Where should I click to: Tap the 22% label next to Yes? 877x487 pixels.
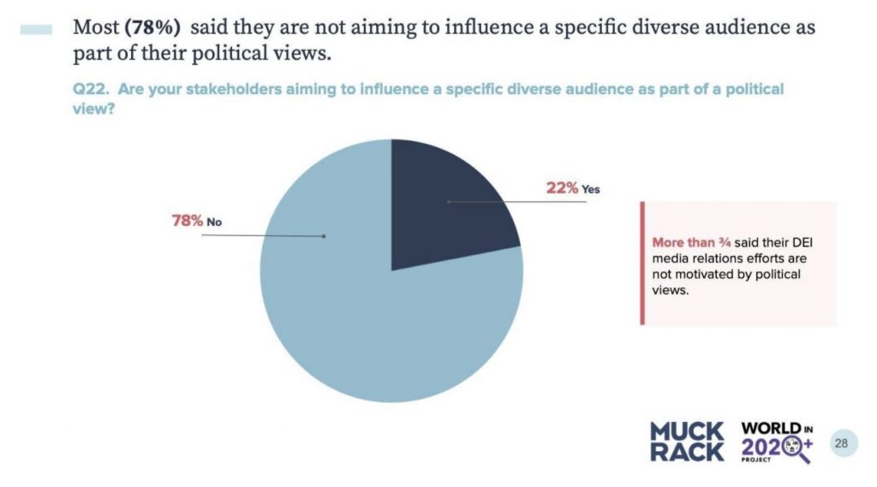pyautogui.click(x=562, y=188)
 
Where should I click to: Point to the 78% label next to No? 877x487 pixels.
pyautogui.click(x=187, y=221)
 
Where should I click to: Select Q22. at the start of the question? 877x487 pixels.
pyautogui.click(x=87, y=89)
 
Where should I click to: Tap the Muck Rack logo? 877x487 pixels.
pyautogui.click(x=687, y=442)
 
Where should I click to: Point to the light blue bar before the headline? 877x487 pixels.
pyautogui.click(x=35, y=28)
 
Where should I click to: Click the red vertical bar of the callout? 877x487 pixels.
pyautogui.click(x=641, y=264)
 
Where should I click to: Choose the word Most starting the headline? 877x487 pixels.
pyautogui.click(x=95, y=27)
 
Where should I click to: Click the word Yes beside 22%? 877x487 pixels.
pyautogui.click(x=591, y=189)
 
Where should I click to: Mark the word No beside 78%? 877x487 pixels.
pyautogui.click(x=214, y=222)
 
